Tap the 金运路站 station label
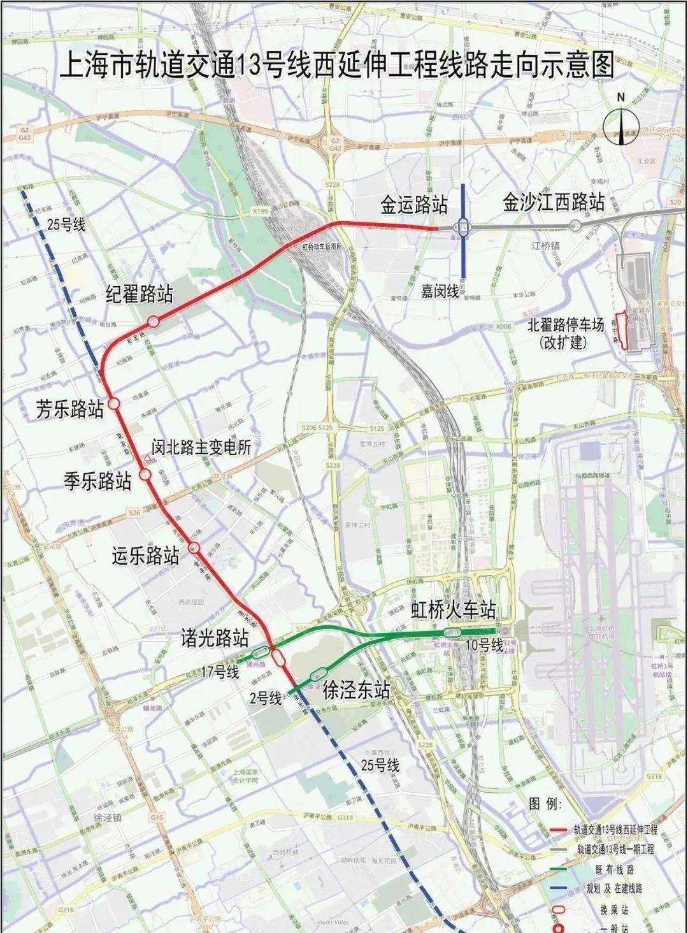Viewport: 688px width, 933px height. coord(414,205)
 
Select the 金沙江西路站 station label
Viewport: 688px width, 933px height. coord(554,203)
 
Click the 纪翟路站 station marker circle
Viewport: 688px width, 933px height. coord(153,321)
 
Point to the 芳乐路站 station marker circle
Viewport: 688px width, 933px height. coord(114,403)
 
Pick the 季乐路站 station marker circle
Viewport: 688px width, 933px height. coord(145,475)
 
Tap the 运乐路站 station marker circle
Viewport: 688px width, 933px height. coord(195,547)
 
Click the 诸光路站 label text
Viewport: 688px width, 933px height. coord(214,639)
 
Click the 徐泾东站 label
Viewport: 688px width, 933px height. coord(356,690)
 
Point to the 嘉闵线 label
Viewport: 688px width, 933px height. coord(440,291)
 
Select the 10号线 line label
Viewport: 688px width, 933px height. coord(484,646)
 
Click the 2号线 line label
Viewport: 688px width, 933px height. coord(266,698)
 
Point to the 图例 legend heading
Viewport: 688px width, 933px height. coord(543,804)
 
